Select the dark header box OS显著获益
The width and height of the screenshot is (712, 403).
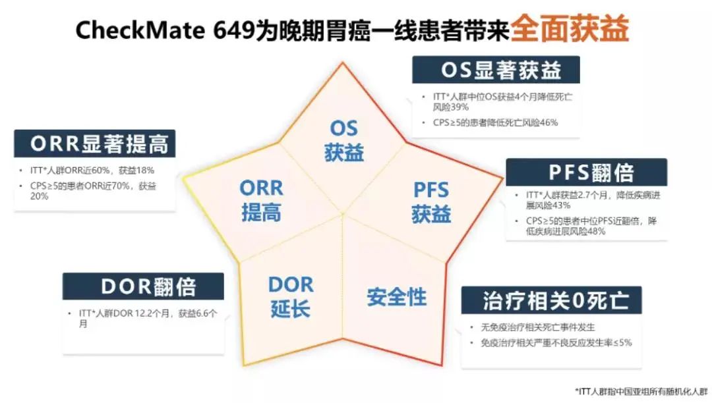coord(496,70)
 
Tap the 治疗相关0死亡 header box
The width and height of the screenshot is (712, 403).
coord(551,300)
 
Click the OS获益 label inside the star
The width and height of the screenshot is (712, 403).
coord(343,140)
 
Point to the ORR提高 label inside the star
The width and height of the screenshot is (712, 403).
coord(261,200)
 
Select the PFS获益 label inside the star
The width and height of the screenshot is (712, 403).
coord(430,202)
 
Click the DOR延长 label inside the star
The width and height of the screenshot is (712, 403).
coord(291,297)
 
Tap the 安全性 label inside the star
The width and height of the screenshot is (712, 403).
coord(396,296)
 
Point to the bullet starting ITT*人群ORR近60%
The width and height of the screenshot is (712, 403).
coord(92,170)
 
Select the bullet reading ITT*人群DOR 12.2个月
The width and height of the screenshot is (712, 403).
coord(148,319)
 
